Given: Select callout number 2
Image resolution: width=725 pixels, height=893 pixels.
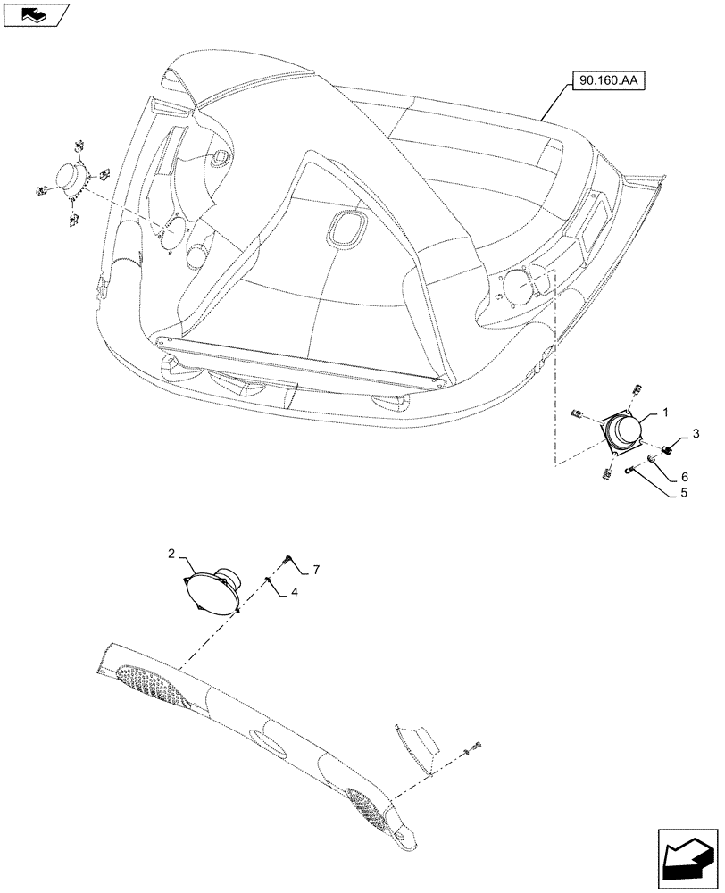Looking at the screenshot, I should [171, 555].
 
